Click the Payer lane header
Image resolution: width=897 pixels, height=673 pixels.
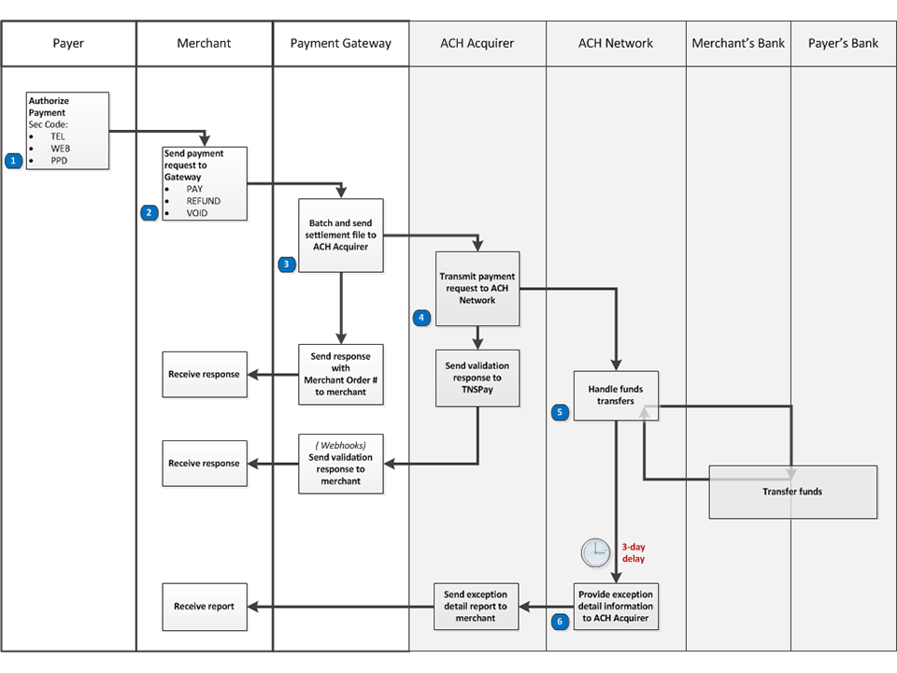(68, 43)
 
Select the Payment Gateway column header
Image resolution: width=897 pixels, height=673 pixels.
(341, 43)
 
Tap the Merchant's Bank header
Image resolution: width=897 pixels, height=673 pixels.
(738, 43)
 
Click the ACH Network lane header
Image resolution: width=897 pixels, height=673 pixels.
(616, 43)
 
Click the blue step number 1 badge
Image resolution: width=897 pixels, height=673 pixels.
(13, 161)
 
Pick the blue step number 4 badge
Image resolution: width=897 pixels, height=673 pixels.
(421, 318)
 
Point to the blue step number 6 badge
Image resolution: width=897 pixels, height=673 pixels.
(560, 621)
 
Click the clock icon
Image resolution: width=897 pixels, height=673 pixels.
(595, 552)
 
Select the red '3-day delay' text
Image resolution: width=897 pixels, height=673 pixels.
(633, 552)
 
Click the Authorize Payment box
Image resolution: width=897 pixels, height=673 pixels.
(67, 130)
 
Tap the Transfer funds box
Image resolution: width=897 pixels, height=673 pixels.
(792, 492)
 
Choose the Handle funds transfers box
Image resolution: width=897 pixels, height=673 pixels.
(616, 395)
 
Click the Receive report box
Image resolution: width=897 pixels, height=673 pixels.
(204, 607)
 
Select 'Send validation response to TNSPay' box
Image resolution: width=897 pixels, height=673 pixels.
(477, 378)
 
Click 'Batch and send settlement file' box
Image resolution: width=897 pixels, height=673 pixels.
(340, 236)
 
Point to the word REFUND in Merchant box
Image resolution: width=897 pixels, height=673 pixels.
(203, 201)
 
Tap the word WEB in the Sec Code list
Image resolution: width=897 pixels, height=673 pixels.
(61, 149)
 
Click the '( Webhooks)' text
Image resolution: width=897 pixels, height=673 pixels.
(340, 445)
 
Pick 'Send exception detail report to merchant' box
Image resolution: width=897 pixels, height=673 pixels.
(476, 607)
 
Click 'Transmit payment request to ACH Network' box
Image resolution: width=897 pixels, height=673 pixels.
(477, 289)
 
